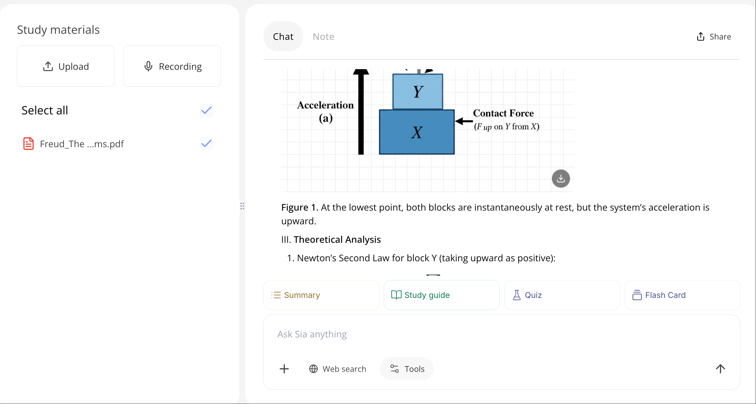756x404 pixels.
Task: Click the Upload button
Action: point(66,66)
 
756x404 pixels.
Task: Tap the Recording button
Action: point(172,66)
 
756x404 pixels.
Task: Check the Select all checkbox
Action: point(206,110)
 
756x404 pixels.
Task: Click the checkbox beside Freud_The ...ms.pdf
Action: point(206,144)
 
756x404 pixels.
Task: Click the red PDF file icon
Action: point(29,144)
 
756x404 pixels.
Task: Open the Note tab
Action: point(323,37)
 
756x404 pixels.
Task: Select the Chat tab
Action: point(283,37)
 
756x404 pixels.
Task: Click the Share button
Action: point(714,37)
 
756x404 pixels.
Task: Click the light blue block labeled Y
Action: point(417,92)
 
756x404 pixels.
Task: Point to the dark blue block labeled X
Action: point(417,132)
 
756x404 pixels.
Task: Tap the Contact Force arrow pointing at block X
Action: point(464,121)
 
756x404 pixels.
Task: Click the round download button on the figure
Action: point(560,178)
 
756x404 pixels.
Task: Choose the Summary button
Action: point(321,295)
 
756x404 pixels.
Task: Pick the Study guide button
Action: point(441,295)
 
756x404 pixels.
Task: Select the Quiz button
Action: point(562,295)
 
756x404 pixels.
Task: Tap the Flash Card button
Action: point(682,295)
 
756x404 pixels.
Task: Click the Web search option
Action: point(338,369)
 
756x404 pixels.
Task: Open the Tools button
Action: point(407,369)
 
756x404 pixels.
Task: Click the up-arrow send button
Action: point(720,369)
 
